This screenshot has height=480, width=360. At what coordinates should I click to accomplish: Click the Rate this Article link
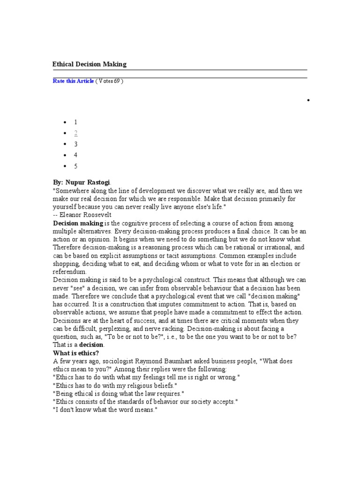click(x=73, y=81)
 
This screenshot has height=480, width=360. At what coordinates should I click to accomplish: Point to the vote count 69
click(x=116, y=81)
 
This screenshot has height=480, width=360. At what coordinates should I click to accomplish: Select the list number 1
click(x=75, y=122)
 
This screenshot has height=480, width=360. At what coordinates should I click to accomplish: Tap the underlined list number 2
click(x=75, y=133)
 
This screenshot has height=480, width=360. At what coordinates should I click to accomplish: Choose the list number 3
click(x=75, y=144)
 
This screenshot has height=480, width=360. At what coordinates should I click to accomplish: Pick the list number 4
click(x=75, y=155)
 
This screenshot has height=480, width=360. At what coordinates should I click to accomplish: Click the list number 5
click(x=75, y=166)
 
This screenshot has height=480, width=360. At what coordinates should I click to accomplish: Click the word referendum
click(x=69, y=271)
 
